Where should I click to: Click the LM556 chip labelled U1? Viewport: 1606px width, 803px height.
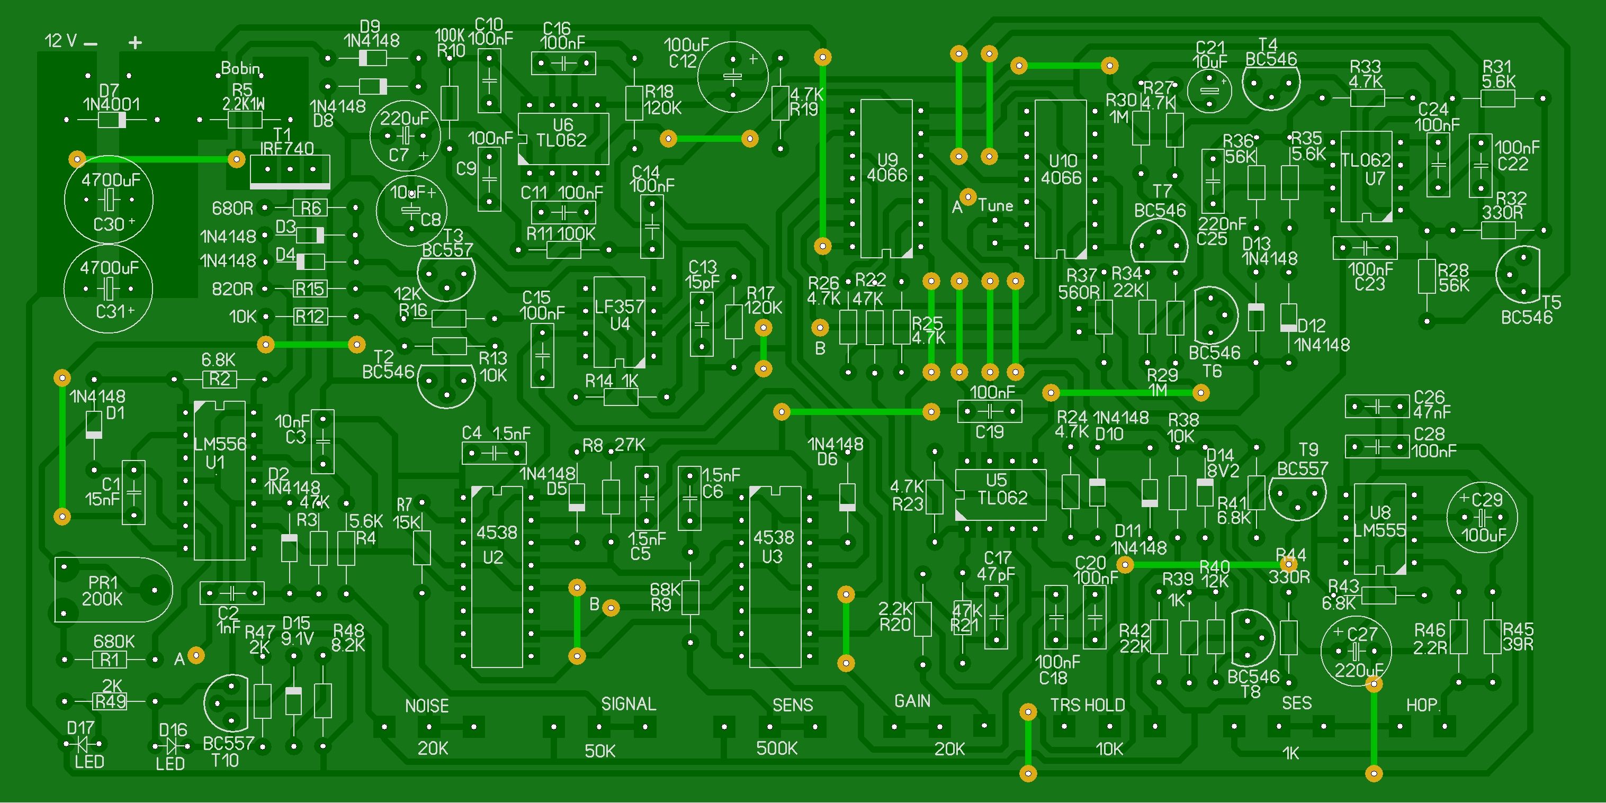coord(219,481)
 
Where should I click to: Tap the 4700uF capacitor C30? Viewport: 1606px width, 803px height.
coord(109,200)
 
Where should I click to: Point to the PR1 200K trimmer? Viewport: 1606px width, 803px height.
coord(112,590)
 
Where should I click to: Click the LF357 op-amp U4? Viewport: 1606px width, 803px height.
coord(619,322)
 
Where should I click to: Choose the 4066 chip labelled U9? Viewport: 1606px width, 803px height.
coord(886,178)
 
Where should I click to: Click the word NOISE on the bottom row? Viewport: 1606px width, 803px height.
coord(427,706)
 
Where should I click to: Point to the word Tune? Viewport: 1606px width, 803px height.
coord(995,205)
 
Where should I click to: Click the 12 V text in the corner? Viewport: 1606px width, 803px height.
coord(61,41)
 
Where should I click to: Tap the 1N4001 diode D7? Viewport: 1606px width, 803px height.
coord(112,120)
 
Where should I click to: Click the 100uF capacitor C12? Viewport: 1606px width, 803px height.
coord(732,77)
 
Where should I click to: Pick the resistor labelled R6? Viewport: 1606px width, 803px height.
coord(310,207)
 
